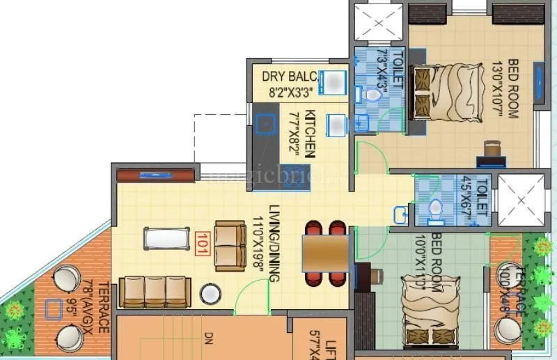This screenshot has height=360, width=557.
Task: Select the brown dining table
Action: pos(325,253)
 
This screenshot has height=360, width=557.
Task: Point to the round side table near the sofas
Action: pos(210,294)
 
